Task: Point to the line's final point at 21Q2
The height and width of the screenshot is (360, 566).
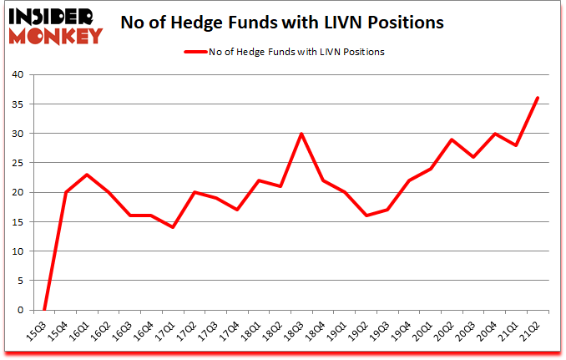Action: pos(537,98)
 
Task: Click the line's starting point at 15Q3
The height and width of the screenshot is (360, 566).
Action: pos(45,310)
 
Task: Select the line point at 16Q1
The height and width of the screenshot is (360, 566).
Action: pos(88,175)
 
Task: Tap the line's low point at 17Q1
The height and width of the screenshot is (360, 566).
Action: pos(174,227)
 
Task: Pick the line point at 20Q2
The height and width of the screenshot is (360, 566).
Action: pos(451,139)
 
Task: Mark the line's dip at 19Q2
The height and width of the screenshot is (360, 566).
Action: pos(366,215)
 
